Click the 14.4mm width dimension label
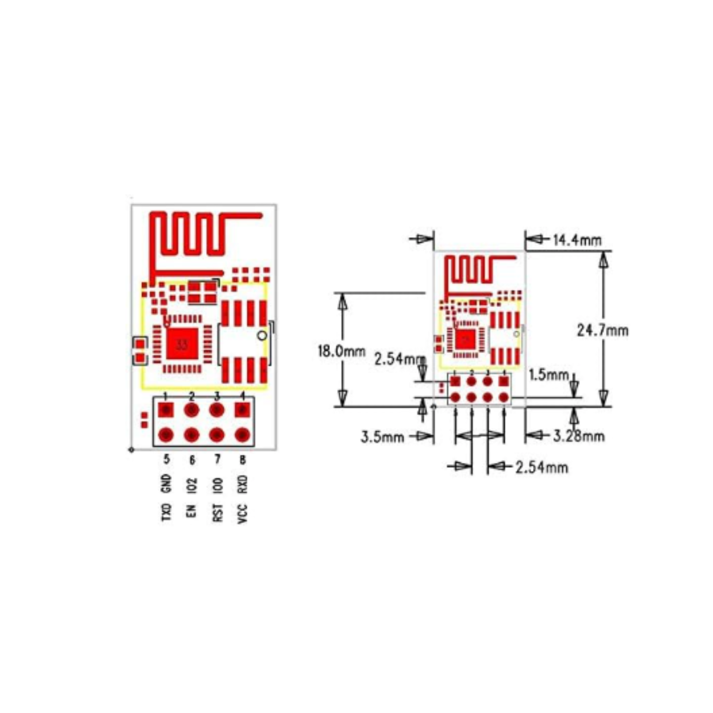577,241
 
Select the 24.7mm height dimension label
602,330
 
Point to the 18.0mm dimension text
341,351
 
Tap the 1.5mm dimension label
549,375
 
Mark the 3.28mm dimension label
579,437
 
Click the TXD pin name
167,513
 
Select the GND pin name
167,484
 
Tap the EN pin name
192,511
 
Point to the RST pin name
218,513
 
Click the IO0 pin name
218,485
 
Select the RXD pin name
243,485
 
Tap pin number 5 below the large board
167,459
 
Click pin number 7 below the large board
218,459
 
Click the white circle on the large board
262,336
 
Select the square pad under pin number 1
166,409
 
